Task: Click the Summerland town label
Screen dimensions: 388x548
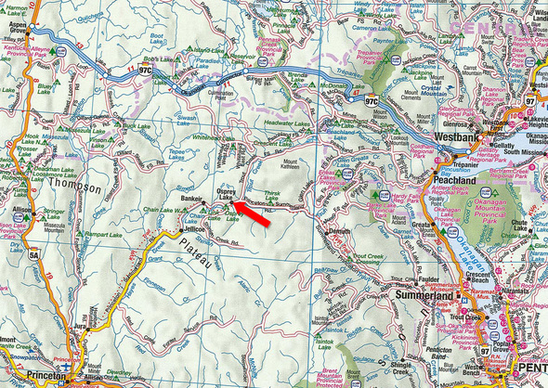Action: pyautogui.click(x=425, y=294)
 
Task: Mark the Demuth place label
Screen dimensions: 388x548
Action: pyautogui.click(x=340, y=230)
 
